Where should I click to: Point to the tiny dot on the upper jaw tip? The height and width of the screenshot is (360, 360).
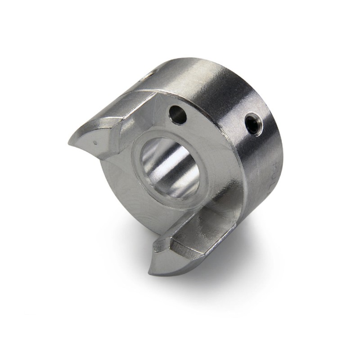pyautogui.click(x=95, y=143)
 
